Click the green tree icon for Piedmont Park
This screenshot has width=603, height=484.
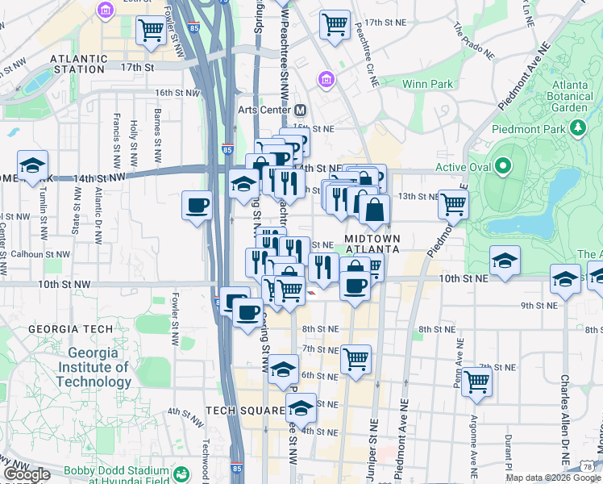point(577,127)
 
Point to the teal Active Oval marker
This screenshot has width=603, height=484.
point(504,167)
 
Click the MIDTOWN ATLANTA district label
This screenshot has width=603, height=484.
point(372,244)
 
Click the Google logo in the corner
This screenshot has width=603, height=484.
point(26,475)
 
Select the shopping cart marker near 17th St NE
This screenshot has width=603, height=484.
point(335,24)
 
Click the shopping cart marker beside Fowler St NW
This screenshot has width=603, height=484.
point(151,31)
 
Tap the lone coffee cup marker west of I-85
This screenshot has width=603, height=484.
point(198,205)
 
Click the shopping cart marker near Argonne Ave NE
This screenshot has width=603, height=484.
point(477,381)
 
